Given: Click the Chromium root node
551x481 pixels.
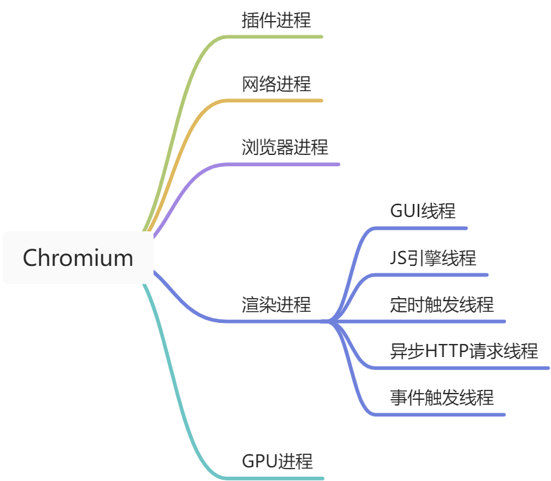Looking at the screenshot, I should point(78,258).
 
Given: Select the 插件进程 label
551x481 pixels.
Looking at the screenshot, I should point(276,20).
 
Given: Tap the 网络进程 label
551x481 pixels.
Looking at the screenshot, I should point(276,84).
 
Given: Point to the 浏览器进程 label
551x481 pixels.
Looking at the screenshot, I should point(285,148).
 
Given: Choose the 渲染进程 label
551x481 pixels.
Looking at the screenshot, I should point(276,304).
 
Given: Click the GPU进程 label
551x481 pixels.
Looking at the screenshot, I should point(277,461).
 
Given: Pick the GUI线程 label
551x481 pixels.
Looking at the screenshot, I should point(423,211).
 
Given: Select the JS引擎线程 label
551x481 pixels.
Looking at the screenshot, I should point(433,258).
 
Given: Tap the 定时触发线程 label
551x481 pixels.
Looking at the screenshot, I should point(442,304).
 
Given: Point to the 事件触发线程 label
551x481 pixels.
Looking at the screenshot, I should point(442,397).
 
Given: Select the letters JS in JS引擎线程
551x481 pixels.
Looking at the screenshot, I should point(397,258).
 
